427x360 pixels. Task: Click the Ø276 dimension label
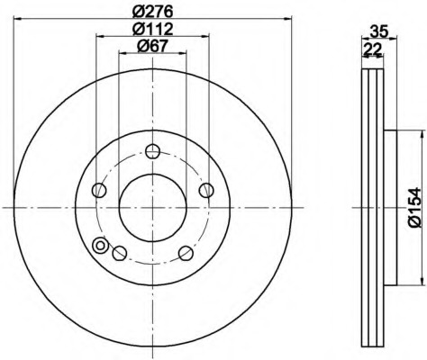(153, 12)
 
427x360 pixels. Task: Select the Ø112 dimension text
(153, 29)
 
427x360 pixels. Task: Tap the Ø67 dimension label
(152, 46)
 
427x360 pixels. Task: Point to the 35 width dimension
(379, 31)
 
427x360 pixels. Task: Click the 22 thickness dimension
(372, 49)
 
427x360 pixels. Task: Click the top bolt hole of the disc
(152, 151)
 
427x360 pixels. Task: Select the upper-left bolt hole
(99, 190)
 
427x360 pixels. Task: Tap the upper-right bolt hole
(206, 190)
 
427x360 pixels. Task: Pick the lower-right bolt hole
(186, 253)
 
